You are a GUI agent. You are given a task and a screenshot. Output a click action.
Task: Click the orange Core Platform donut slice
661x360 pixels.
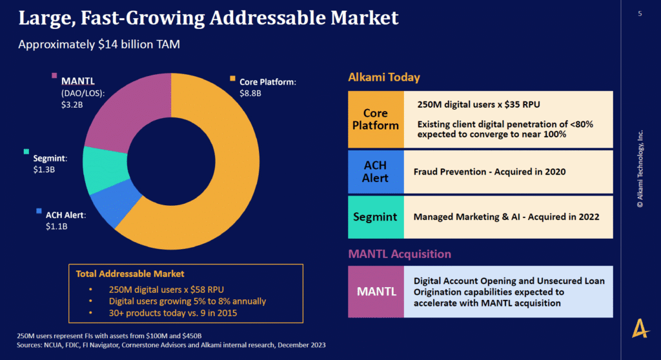click(194, 187)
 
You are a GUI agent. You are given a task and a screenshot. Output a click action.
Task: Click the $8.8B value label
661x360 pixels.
click(250, 94)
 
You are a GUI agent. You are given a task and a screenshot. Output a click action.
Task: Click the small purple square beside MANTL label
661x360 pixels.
click(55, 76)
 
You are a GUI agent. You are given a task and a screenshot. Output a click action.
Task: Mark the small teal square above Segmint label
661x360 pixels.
click(26, 152)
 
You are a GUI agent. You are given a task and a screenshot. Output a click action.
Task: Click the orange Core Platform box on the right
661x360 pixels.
click(376, 119)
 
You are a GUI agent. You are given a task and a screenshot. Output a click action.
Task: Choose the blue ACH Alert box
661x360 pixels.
click(376, 172)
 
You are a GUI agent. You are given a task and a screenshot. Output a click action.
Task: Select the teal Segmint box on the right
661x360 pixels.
click(376, 217)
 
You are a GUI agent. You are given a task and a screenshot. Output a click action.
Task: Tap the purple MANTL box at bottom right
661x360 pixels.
click(376, 291)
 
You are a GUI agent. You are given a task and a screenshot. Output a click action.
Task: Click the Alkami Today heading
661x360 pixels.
click(383, 77)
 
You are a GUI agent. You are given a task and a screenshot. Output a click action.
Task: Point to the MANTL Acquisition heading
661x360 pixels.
click(400, 254)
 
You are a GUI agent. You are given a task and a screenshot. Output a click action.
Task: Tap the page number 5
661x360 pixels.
click(640, 13)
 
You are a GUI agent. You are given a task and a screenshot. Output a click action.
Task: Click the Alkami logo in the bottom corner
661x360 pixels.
click(640, 329)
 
